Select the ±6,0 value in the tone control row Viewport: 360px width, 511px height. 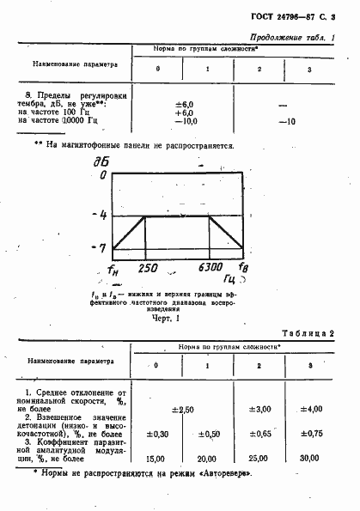(185, 102)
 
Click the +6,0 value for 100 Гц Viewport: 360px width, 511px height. (185, 112)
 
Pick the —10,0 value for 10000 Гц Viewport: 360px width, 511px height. (185, 121)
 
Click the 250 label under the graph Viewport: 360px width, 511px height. (149, 267)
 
